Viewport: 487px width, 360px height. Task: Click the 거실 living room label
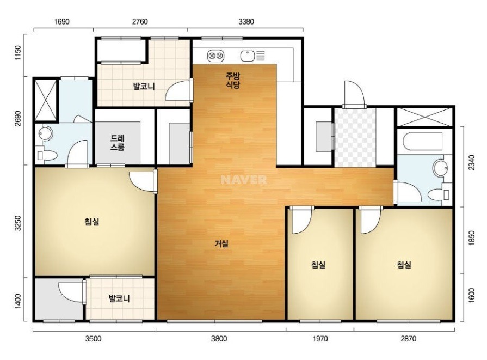[x=221, y=243]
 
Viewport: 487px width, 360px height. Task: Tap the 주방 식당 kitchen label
[x=233, y=80]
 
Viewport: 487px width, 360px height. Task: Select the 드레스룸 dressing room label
[x=117, y=143]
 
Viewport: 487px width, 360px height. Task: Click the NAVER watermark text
[x=244, y=179]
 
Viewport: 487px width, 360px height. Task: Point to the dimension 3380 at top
[x=246, y=21]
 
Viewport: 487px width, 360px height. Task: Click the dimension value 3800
[x=219, y=339]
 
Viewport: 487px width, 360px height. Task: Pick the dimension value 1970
[x=320, y=339]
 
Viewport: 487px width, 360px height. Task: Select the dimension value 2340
[x=471, y=162]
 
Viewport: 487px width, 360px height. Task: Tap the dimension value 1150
[x=18, y=53]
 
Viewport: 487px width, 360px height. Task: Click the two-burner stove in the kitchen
[x=215, y=56]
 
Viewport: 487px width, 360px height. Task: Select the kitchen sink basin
[x=248, y=56]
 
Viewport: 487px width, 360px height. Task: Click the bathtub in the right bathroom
[x=422, y=142]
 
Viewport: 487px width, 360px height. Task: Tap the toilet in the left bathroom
[x=47, y=155]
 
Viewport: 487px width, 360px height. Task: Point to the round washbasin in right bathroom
[x=440, y=168]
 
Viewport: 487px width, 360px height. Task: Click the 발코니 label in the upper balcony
[x=144, y=86]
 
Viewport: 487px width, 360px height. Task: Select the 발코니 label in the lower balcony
[x=119, y=299]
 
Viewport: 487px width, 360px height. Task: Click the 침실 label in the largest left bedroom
[x=91, y=222]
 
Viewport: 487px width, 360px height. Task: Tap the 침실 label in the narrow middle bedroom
[x=318, y=265]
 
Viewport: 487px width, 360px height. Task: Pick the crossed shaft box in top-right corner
[x=424, y=117]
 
